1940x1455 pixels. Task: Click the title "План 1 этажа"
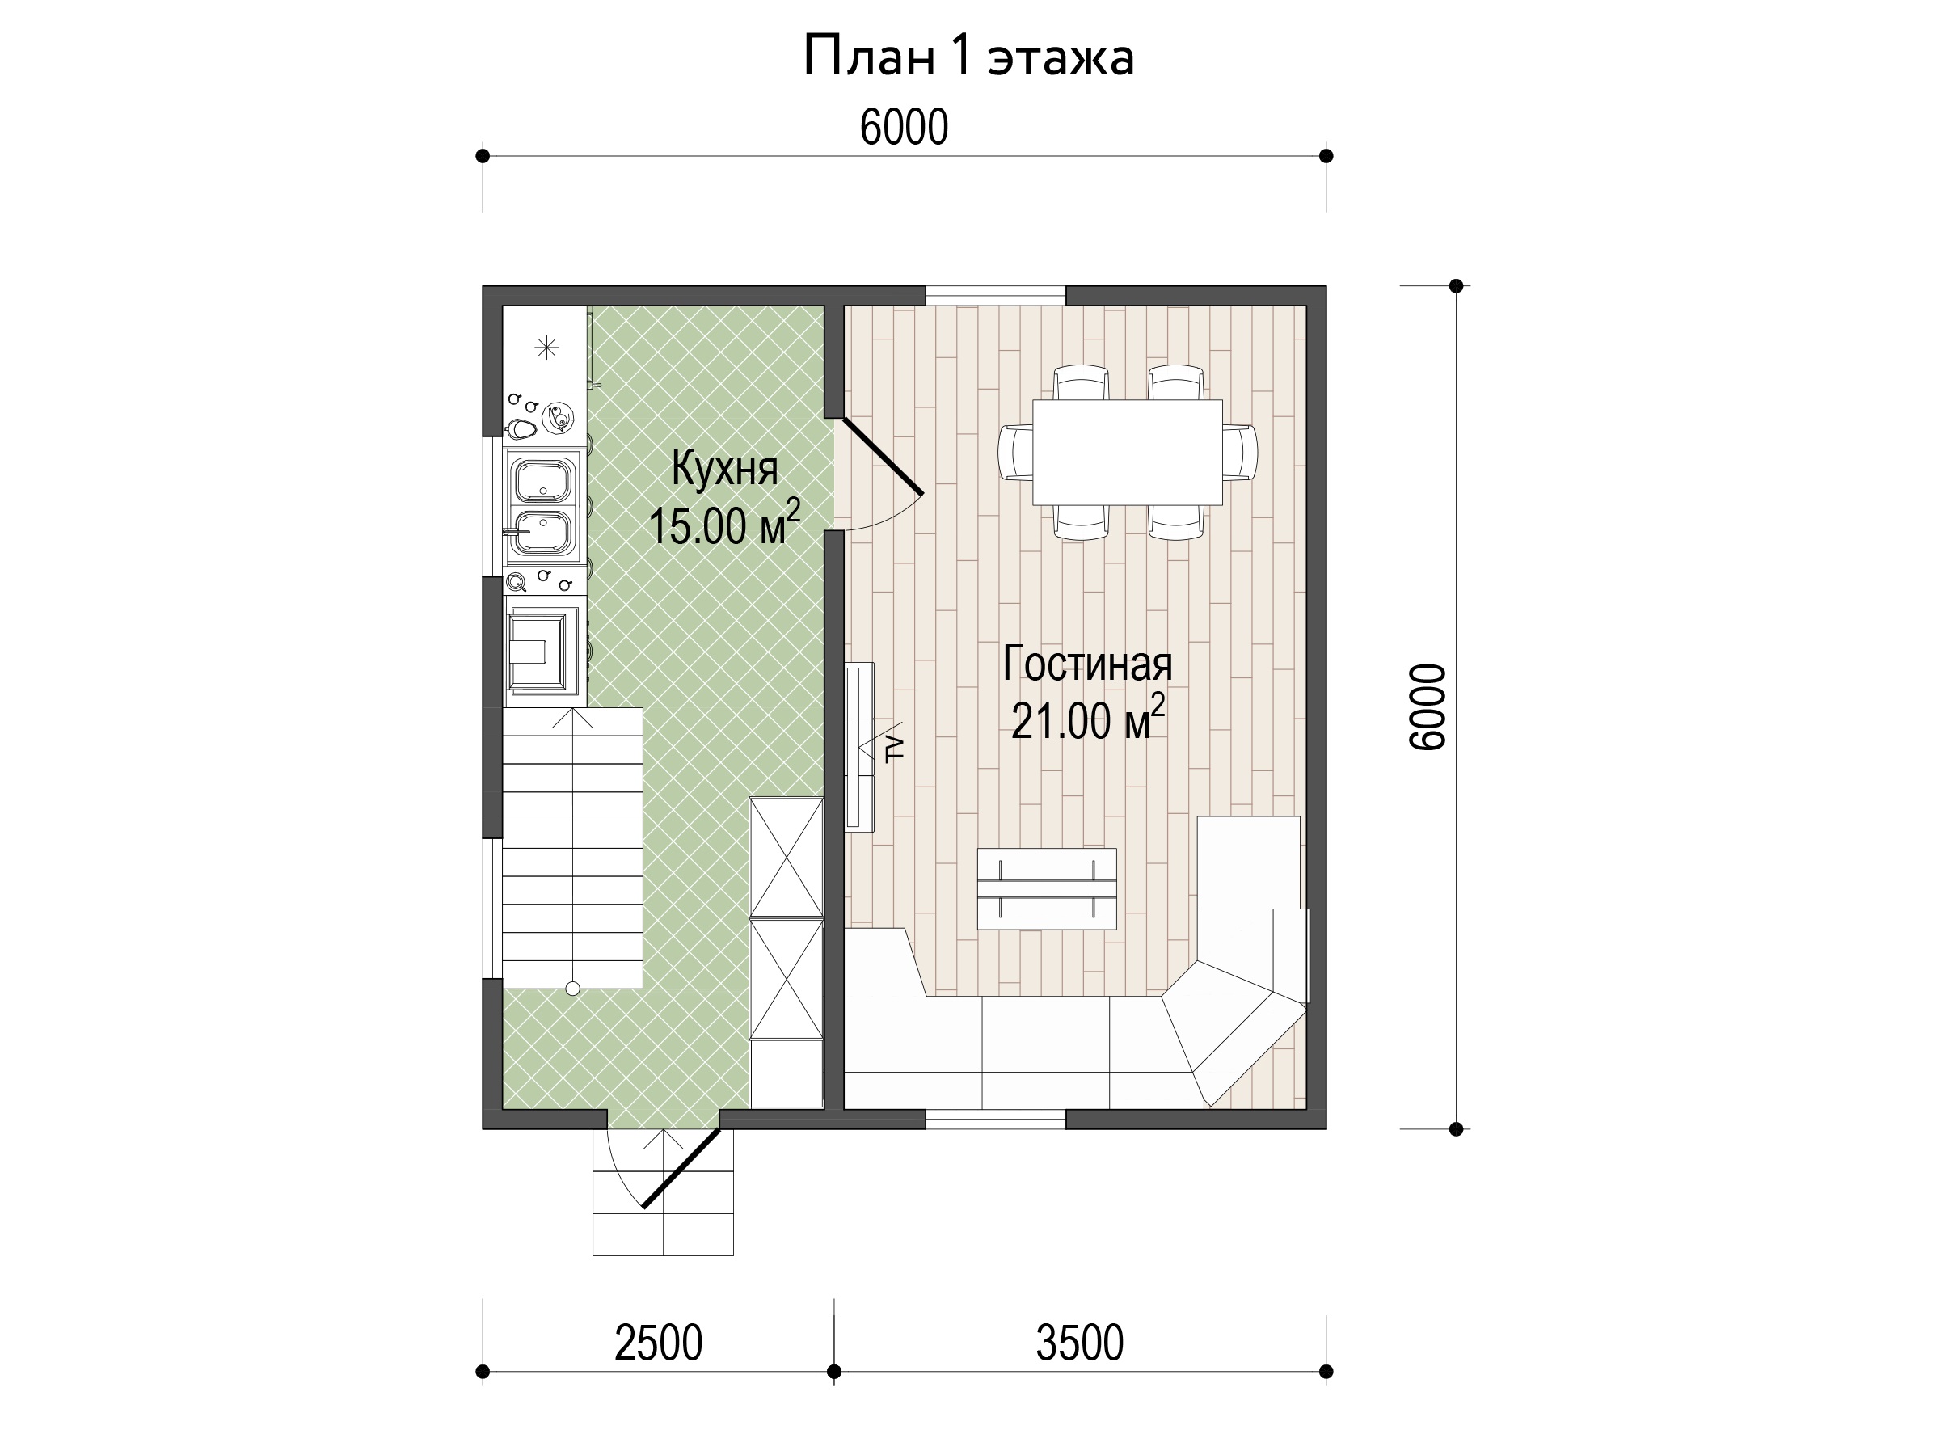pos(968,57)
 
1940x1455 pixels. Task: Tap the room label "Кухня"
pos(724,468)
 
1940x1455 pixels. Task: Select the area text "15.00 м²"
pos(724,524)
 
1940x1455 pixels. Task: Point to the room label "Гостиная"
pos(1087,664)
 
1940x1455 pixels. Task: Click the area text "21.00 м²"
pos(1087,719)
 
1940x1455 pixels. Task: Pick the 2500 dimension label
pos(659,1343)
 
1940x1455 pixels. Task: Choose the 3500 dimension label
pos(1080,1343)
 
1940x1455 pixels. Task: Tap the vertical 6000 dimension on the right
pos(1426,707)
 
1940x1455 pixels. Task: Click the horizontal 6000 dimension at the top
pos(905,127)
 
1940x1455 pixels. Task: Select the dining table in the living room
pos(1127,452)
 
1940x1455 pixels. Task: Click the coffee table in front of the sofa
pos(1047,888)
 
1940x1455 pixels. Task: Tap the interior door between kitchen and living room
pos(883,456)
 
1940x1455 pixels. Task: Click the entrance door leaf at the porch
pos(681,1169)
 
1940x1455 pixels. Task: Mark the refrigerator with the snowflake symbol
pos(545,348)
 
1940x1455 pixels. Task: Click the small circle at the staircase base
pos(572,989)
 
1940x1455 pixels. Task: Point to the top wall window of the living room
pos(997,296)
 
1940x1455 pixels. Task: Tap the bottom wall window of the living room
pos(997,1119)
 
